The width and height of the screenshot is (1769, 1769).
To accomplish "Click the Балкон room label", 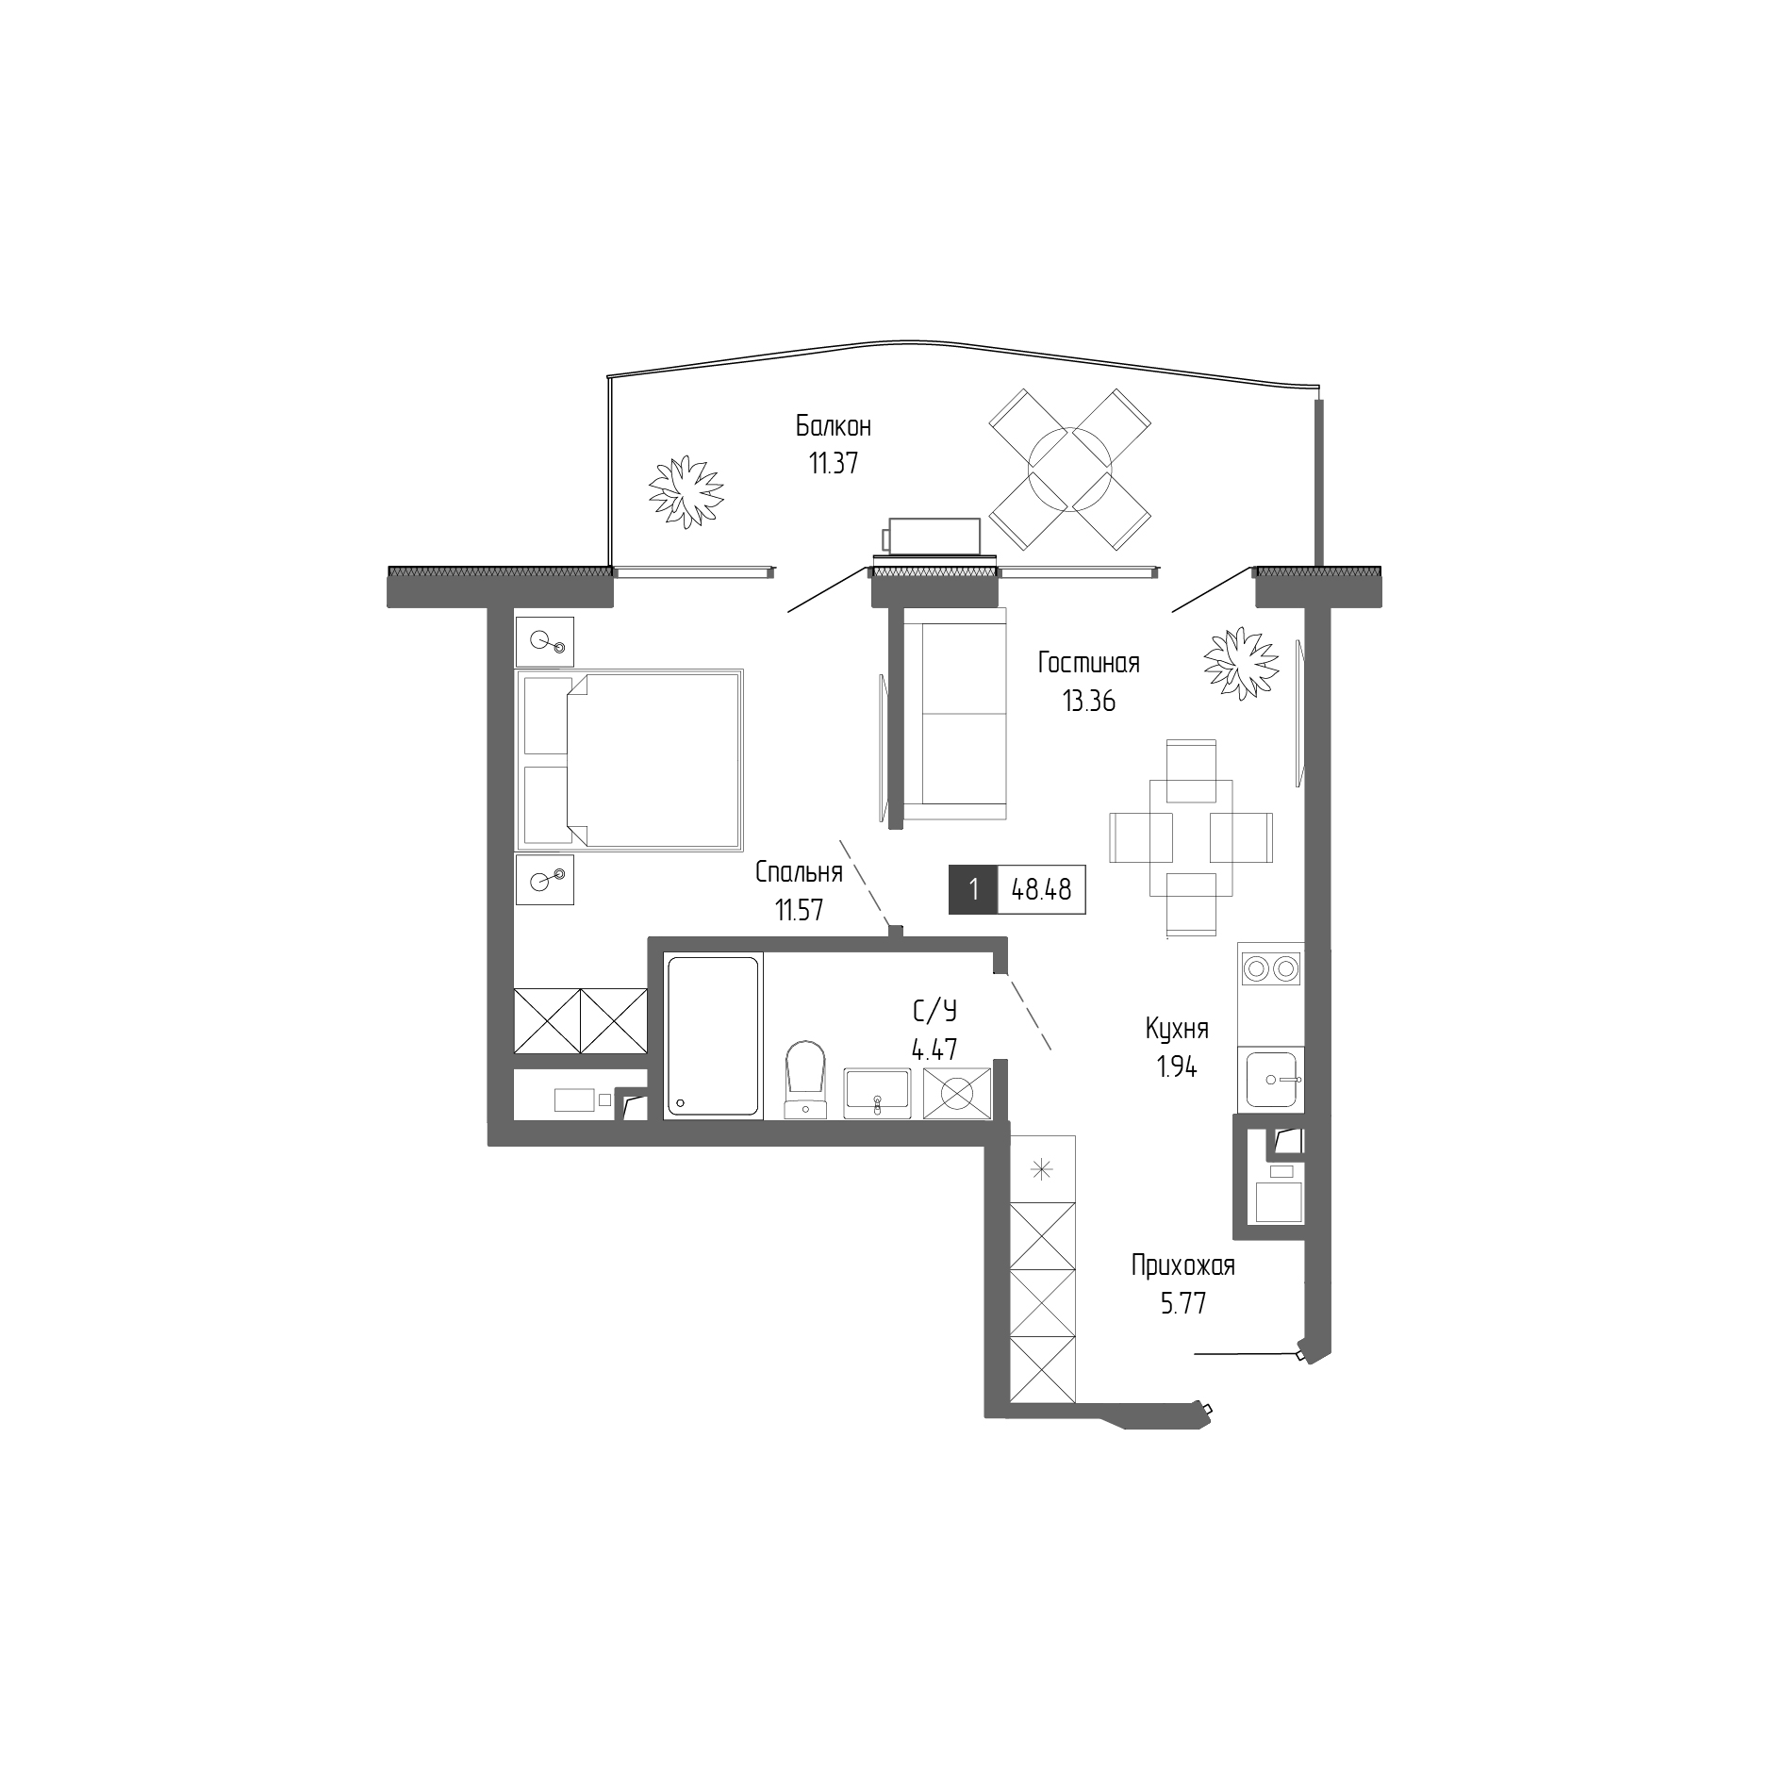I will [833, 426].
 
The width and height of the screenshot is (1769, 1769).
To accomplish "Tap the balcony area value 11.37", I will [833, 464].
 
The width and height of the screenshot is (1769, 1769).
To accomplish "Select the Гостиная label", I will [1088, 663].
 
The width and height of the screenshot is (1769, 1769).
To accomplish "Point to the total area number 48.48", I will [1041, 889].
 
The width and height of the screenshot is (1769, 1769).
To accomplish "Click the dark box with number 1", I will [972, 889].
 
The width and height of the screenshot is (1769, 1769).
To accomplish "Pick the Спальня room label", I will [798, 872].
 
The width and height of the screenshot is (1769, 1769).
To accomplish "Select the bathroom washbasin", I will [877, 1093].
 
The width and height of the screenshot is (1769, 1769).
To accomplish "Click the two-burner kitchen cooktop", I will [1271, 967].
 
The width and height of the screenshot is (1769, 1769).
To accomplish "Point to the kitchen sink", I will [1273, 1079].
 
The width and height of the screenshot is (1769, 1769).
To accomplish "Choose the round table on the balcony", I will [1069, 470].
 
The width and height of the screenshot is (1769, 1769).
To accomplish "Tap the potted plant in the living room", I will [1240, 664].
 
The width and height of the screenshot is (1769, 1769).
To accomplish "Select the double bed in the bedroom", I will [630, 760].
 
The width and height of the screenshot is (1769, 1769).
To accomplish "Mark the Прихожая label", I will [1182, 1265].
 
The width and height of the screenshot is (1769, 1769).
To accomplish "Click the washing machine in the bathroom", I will [957, 1094].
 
